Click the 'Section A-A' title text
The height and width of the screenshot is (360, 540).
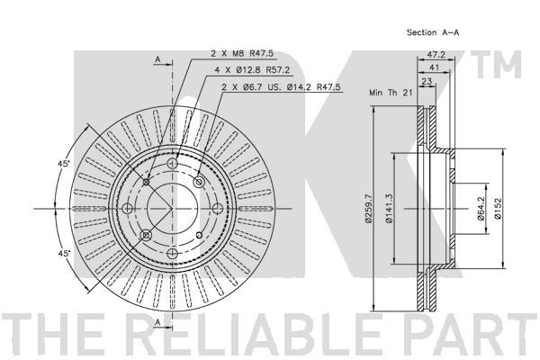[433, 32]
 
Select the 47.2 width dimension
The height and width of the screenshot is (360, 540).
[436, 54]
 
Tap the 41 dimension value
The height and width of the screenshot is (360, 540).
[435, 67]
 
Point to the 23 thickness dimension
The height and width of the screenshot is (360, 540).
[427, 81]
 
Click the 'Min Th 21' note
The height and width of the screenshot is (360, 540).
[391, 93]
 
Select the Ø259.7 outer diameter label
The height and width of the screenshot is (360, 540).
[368, 209]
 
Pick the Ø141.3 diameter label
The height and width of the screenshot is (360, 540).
[389, 209]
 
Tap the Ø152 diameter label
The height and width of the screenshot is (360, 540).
[498, 209]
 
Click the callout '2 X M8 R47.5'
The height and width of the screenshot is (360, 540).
[242, 53]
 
